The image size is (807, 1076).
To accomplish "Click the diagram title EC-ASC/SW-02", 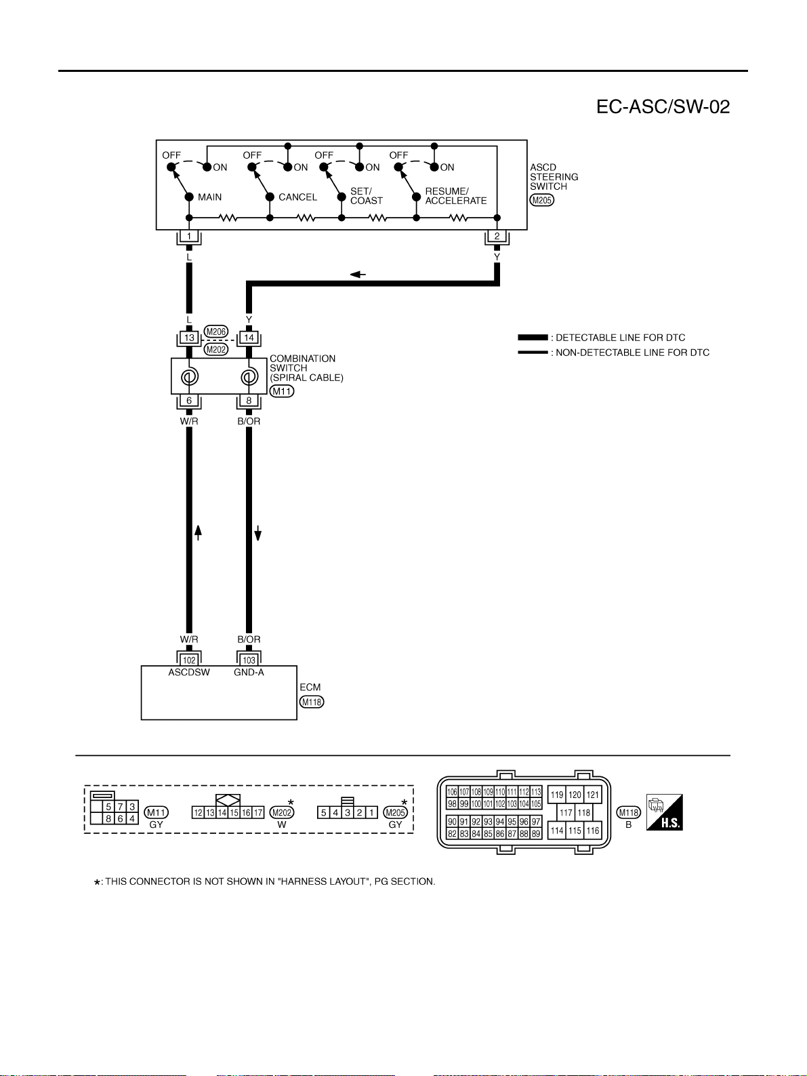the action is tap(663, 107).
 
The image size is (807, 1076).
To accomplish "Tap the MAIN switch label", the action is tap(209, 197).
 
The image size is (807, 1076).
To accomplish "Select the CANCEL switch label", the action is tap(297, 197).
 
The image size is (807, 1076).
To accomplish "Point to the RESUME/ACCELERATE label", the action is tap(456, 196).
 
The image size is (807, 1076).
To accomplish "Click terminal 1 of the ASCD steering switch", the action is tap(189, 236).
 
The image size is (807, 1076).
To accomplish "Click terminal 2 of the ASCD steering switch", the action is tap(497, 236).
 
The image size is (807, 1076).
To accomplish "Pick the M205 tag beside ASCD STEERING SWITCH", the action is tap(541, 200).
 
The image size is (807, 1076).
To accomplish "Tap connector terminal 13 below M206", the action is tap(189, 338).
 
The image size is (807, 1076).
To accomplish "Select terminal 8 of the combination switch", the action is tap(249, 401).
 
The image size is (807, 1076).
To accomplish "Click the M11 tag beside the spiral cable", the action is tap(282, 391).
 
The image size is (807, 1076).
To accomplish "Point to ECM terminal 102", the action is tap(189, 660).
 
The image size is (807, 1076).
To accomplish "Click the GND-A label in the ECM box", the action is tap(249, 673).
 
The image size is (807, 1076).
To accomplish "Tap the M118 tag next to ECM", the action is tap(312, 702).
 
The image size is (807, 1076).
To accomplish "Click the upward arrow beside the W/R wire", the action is tap(199, 533).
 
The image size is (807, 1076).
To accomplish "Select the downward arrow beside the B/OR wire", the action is tap(258, 533).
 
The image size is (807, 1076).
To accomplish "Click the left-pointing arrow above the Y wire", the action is tap(358, 275).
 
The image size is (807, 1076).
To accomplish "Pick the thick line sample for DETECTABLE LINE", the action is tap(533, 337).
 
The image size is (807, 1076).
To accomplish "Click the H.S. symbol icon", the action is tap(665, 812).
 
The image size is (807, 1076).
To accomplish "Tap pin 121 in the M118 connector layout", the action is tap(592, 795).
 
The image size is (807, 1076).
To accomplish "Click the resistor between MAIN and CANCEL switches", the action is tap(228, 218).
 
